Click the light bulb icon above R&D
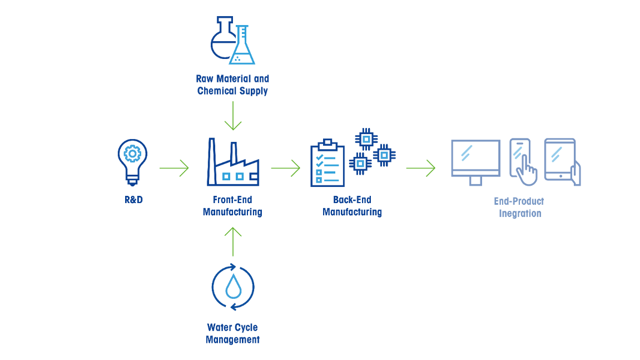coord(132,160)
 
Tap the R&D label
coord(133,200)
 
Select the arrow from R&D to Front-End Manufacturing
coord(174,167)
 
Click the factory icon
coord(233,163)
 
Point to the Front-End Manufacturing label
coord(232,206)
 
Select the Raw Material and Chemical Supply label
coord(232,85)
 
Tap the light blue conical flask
coord(242,47)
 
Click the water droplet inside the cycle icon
coord(232,287)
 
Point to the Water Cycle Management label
coord(232,333)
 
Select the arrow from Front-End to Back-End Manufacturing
coord(286,167)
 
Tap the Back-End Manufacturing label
coord(352,206)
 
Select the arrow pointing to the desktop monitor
coord(421,167)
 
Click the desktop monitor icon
coord(475,161)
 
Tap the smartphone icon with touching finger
coord(522,161)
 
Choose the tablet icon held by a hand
coord(562,161)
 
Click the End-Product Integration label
coord(520,208)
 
